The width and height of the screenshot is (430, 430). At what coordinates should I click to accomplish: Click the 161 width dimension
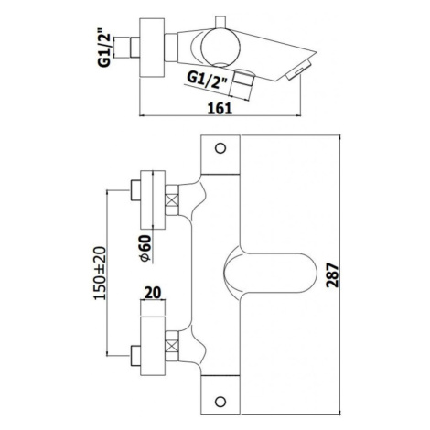pos(220,109)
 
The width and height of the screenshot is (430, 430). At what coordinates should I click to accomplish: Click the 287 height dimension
pos(332,275)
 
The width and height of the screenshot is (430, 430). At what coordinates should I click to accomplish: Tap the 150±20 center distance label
pos(100,273)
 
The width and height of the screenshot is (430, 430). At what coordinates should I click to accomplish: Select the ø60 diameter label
pos(145,248)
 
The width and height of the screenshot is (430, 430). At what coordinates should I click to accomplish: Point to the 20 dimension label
pos(153,293)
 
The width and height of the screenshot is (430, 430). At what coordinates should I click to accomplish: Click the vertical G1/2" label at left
pos(104,48)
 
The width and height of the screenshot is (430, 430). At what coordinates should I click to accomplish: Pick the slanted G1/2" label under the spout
pos(208,80)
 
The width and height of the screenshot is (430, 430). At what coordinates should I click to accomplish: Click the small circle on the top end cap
pos(220,148)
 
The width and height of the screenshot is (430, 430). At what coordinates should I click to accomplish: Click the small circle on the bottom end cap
pos(220,402)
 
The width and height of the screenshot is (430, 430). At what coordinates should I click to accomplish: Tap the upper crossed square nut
pos(172,200)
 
